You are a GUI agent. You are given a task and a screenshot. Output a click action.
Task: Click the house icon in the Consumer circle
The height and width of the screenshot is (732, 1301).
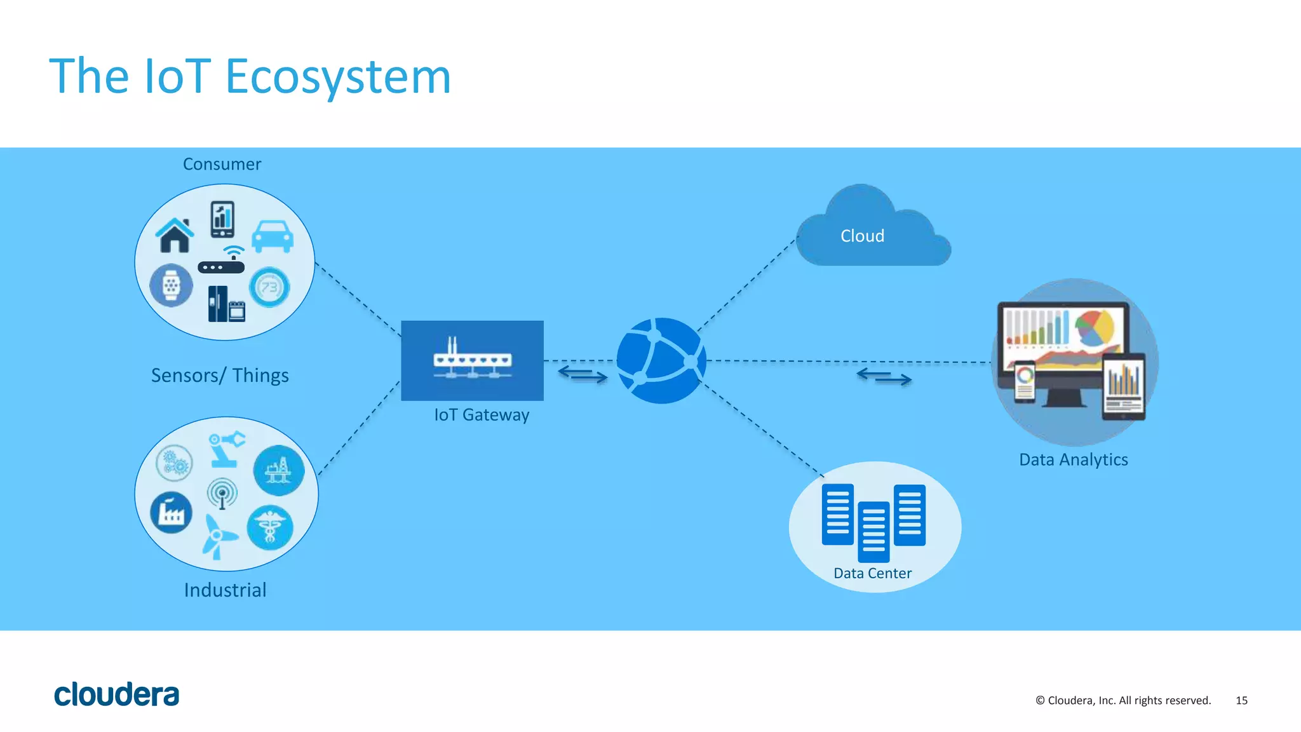point(175,235)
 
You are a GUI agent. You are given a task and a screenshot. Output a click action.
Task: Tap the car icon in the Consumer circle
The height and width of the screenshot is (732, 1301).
point(273,236)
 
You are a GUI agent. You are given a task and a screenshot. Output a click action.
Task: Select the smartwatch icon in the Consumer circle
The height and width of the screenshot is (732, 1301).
point(172,286)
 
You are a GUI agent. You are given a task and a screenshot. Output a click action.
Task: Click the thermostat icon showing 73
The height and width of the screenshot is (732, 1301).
point(269,287)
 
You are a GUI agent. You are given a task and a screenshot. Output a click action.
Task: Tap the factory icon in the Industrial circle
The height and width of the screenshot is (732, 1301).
point(172,512)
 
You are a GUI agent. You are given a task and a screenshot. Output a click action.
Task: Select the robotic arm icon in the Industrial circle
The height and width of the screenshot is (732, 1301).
point(226,449)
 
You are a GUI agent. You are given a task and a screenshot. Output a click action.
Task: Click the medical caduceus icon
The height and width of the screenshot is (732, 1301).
point(270,527)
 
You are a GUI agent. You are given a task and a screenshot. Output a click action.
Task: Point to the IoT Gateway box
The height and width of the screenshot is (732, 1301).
point(472,360)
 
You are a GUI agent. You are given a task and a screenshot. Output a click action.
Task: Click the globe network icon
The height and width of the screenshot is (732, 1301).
point(661,361)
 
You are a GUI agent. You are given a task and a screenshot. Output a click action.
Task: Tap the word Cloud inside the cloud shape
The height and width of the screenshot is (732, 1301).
point(862,236)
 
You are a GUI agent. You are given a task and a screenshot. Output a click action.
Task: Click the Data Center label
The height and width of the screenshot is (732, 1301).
point(872,573)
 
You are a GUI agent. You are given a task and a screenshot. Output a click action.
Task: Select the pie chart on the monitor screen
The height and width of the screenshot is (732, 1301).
point(1094,327)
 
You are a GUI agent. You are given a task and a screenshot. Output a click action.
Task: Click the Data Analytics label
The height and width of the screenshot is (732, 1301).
point(1073,459)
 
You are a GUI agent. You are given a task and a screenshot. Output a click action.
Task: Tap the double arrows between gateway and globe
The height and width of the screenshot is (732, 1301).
point(583,375)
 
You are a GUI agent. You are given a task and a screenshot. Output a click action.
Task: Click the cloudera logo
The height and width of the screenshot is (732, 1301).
point(117,695)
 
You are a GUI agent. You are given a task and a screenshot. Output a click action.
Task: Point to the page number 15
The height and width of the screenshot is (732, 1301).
point(1241,700)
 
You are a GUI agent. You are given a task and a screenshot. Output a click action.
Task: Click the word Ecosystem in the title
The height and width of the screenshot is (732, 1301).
point(338,77)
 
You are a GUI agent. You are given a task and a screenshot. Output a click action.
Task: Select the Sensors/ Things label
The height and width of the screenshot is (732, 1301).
point(220,376)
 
